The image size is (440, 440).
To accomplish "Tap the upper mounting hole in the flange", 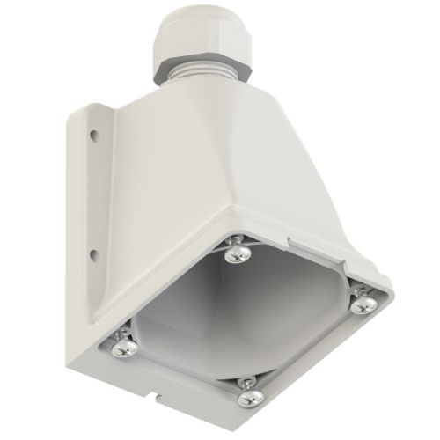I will click(x=91, y=136).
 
